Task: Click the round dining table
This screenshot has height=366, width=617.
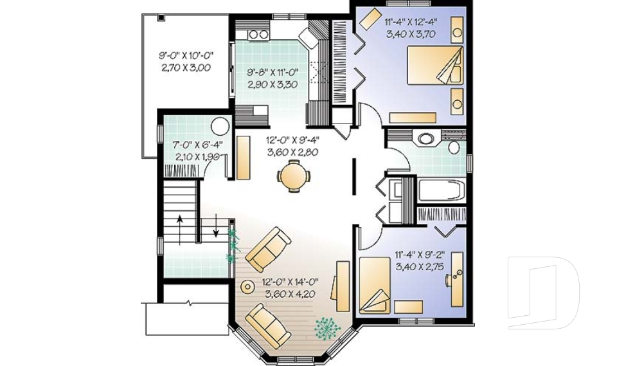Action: (293, 176)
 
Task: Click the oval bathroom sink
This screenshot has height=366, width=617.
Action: (425, 139)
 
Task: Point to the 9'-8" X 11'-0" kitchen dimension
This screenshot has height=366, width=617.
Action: (273, 73)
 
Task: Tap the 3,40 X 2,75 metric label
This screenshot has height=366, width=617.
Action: (420, 267)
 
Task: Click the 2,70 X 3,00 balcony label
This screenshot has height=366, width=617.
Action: (186, 68)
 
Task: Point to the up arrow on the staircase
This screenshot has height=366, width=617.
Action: (180, 230)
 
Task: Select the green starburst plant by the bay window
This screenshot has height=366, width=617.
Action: (327, 327)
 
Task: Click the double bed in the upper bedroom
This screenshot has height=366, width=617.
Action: (434, 65)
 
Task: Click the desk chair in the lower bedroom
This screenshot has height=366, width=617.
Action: (449, 279)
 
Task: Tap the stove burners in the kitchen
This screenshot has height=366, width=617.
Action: (258, 35)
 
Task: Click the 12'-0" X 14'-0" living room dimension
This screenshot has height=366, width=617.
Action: (290, 282)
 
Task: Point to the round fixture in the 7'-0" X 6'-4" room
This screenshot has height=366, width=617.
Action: (220, 126)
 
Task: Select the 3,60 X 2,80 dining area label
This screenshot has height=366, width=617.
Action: (292, 152)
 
